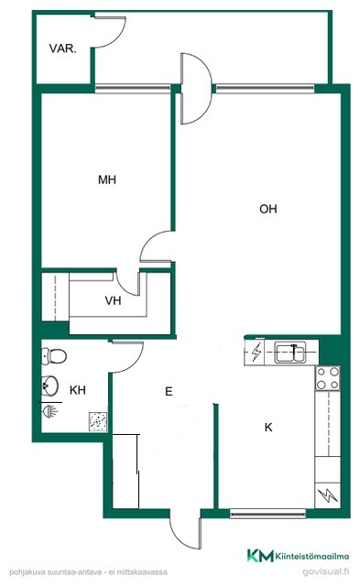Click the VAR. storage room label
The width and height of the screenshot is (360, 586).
[63, 49]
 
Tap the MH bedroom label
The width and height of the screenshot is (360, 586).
[107, 179]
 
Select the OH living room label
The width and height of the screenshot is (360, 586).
[268, 209]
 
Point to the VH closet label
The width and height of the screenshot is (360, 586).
[113, 300]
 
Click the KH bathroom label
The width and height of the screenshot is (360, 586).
[78, 390]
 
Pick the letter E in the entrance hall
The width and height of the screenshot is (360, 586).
[169, 391]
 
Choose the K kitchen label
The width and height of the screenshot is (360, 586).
[268, 428]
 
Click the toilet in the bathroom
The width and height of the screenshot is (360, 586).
[54, 356]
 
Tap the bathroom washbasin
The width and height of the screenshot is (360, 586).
[49, 385]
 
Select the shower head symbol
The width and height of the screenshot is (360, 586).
[50, 410]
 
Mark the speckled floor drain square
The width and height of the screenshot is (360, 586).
[98, 421]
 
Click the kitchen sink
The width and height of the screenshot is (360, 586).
[291, 352]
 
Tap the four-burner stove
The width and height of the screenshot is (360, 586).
[328, 378]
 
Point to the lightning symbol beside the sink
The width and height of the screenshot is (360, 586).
[256, 352]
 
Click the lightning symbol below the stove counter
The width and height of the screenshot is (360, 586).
[328, 495]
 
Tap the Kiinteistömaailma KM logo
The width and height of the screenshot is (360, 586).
[298, 556]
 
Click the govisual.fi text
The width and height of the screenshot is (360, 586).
[325, 571]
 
